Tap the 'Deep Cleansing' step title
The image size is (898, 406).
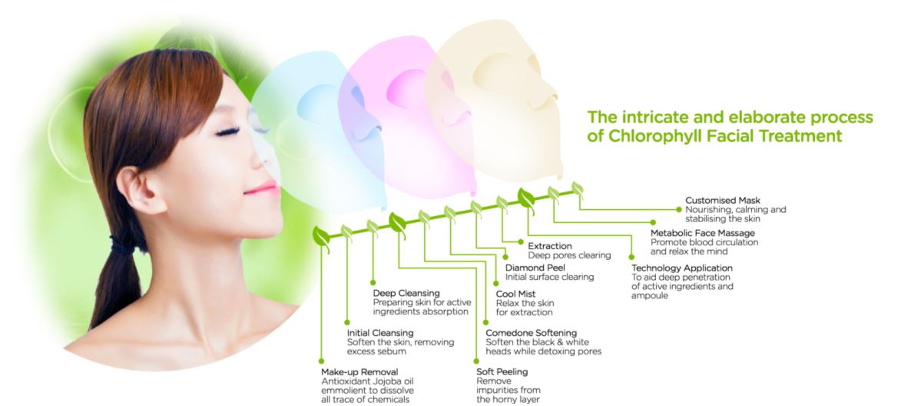click(406, 293)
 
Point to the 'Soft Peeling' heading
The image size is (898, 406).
click(502, 372)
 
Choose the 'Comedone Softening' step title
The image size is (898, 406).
click(531, 332)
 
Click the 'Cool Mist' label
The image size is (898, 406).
click(516, 294)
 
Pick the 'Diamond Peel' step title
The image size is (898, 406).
click(535, 268)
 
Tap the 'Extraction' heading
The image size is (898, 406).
click(550, 246)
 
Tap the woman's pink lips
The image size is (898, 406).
click(260, 188)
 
